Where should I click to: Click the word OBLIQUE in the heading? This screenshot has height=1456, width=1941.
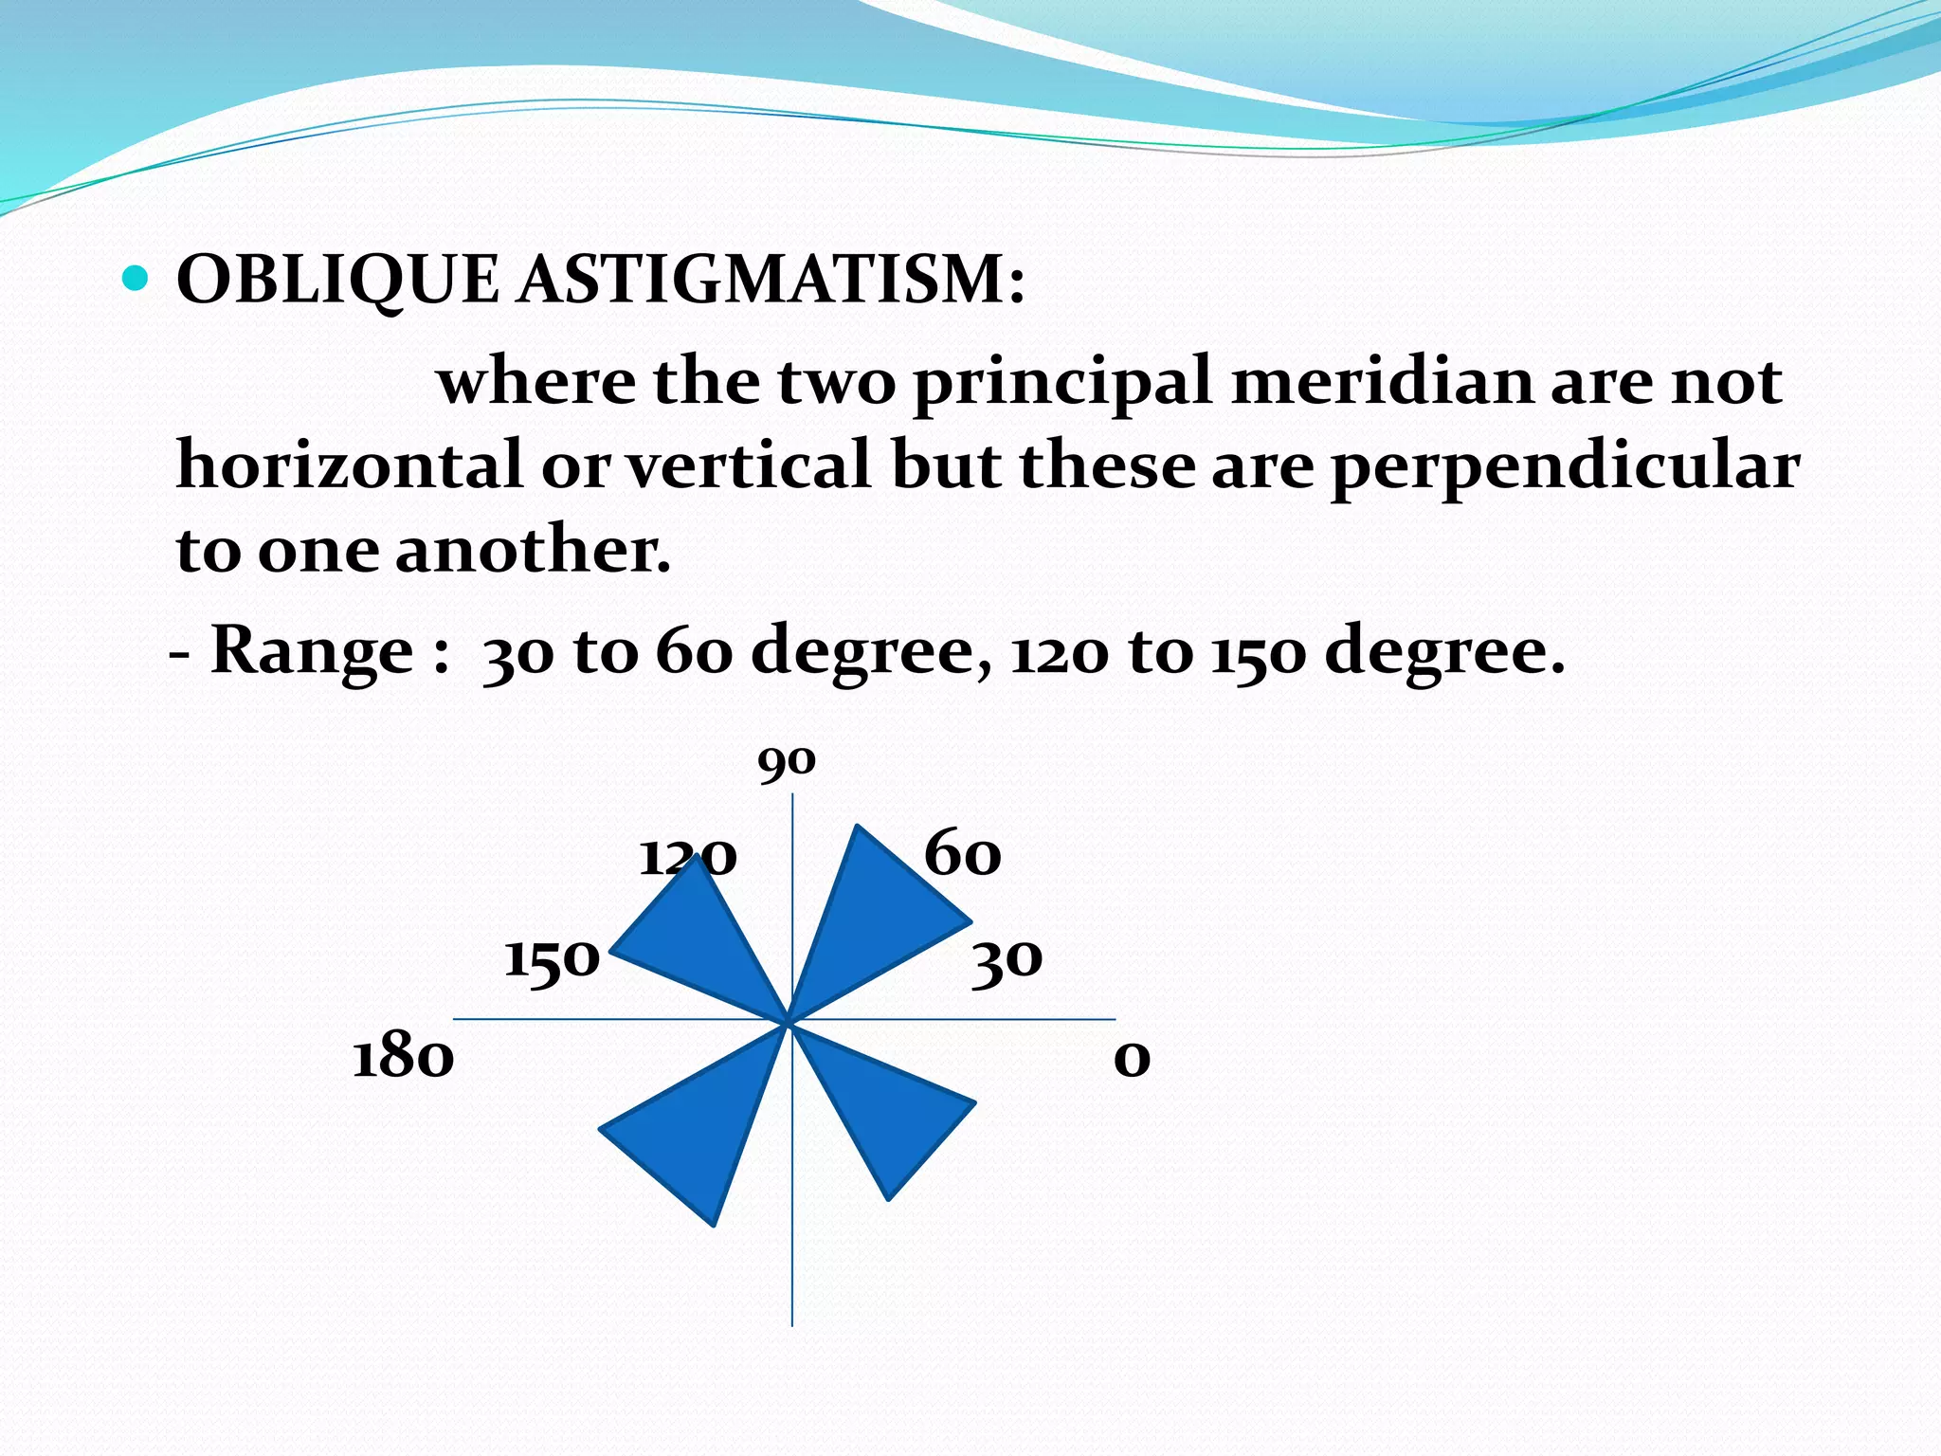336,281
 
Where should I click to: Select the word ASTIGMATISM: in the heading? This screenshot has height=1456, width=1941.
771,281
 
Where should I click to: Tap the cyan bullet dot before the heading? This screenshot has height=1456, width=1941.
136,278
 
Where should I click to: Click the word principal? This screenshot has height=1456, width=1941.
1062,382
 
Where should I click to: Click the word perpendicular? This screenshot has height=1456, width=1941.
1565,466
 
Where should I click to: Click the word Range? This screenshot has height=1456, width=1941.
312,651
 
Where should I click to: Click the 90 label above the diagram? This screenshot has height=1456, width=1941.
786,761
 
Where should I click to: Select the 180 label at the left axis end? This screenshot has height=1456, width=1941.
403,1057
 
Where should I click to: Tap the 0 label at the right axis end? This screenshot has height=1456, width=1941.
1132,1058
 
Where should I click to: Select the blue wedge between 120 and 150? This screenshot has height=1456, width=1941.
706,938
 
